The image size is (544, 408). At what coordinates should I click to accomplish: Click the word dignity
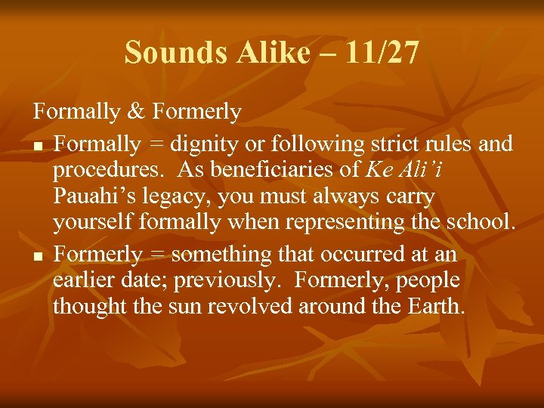coord(206,143)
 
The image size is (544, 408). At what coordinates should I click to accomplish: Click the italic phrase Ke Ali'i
coord(403,170)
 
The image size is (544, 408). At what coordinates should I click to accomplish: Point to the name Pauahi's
coord(88,197)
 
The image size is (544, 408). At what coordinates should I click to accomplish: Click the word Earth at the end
coord(436,307)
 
